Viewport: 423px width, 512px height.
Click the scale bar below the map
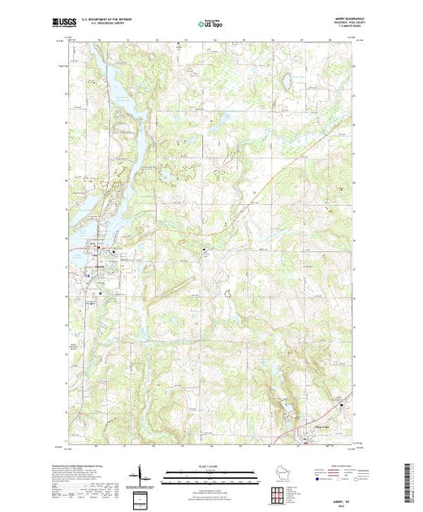(x=212, y=471)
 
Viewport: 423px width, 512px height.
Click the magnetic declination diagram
(x=144, y=475)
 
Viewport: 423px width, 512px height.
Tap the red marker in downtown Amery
(x=100, y=248)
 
